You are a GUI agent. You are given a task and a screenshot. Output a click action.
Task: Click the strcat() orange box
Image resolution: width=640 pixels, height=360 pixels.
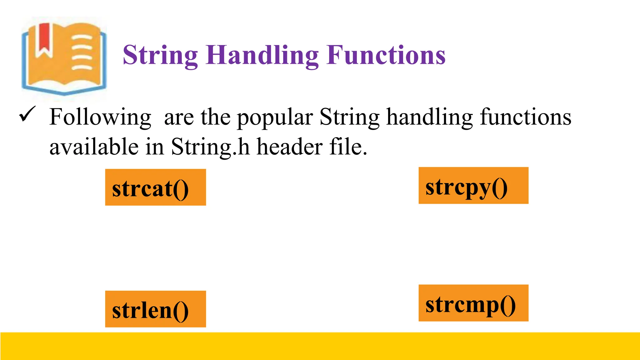click(155, 187)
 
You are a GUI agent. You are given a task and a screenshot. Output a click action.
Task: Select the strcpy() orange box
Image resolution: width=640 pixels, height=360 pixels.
click(473, 185)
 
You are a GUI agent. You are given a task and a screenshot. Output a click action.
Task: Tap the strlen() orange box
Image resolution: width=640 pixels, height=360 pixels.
click(155, 309)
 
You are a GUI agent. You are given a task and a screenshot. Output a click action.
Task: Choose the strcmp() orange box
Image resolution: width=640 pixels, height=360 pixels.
click(473, 303)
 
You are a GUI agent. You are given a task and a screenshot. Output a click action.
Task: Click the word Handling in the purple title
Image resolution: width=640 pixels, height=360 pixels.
click(262, 55)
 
